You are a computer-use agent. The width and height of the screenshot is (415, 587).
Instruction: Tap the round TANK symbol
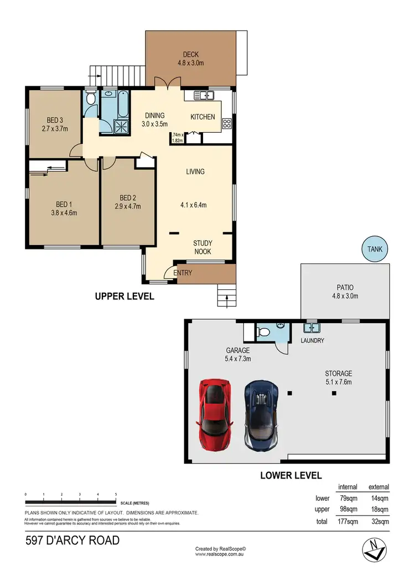[x=375, y=249]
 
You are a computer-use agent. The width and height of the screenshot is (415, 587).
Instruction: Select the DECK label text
[x=191, y=54]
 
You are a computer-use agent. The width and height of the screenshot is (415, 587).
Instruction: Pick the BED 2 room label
[x=127, y=198]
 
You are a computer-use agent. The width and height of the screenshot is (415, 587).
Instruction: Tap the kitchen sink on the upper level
[x=203, y=96]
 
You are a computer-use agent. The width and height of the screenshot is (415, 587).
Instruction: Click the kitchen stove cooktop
[x=226, y=123]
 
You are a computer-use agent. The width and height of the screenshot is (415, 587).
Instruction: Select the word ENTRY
[x=183, y=273]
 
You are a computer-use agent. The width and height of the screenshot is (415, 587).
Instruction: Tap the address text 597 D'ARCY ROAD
[x=72, y=541]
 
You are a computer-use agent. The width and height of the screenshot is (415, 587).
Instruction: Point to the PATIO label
[x=345, y=287]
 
